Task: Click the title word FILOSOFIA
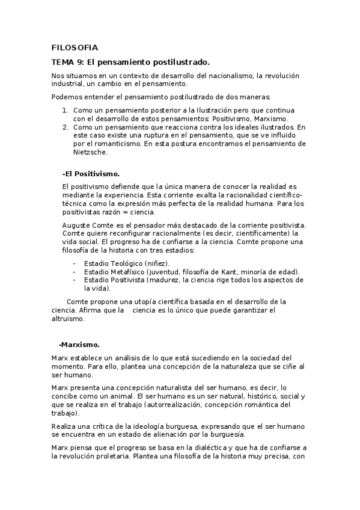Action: [75, 48]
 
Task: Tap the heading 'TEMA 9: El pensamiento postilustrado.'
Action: [130, 62]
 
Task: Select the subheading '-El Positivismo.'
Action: [91, 173]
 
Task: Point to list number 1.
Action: [66, 111]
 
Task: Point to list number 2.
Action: [66, 127]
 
